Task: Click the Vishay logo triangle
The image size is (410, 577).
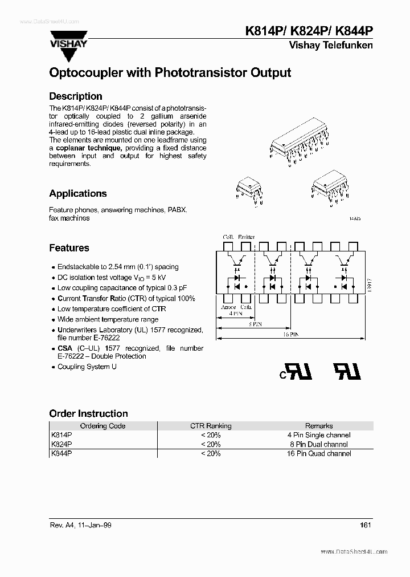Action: click(x=70, y=52)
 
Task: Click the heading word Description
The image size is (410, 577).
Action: click(x=75, y=96)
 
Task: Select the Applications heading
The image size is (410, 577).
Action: click(x=77, y=193)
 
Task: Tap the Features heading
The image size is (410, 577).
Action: click(x=69, y=248)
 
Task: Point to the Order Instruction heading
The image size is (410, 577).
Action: click(x=88, y=413)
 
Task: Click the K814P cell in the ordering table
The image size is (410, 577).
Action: click(x=61, y=435)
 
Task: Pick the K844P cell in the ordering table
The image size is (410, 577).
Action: click(x=61, y=453)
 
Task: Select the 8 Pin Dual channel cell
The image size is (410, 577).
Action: click(x=318, y=444)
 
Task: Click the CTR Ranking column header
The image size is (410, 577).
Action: click(x=211, y=426)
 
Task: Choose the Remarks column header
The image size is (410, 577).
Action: click(x=319, y=426)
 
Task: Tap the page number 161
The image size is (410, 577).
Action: click(x=366, y=525)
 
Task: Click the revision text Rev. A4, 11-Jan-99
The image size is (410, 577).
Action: click(x=80, y=525)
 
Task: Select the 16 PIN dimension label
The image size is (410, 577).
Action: click(x=290, y=335)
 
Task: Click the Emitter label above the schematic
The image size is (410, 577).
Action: click(x=247, y=237)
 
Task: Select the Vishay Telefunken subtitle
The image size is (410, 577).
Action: click(x=331, y=46)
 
